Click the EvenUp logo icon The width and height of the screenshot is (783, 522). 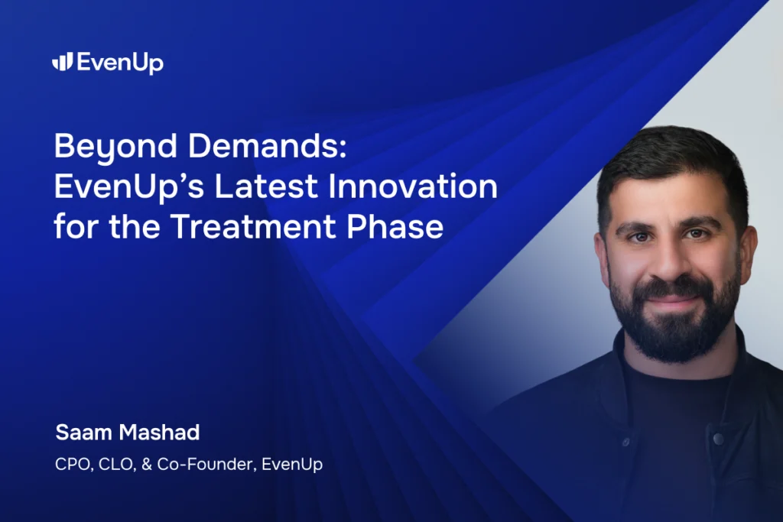tap(62, 62)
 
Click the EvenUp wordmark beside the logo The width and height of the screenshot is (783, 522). tap(119, 63)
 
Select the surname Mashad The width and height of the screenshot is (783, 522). tap(162, 432)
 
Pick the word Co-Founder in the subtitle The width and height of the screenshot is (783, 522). tap(204, 464)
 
